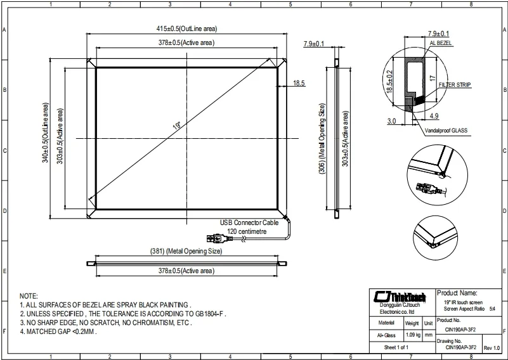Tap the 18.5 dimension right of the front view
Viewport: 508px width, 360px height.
click(299, 83)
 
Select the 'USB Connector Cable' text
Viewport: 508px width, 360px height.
click(249, 223)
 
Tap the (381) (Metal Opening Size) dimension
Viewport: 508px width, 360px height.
click(186, 252)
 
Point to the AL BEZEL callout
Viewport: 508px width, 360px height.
click(441, 42)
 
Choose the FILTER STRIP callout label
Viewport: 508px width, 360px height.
click(456, 84)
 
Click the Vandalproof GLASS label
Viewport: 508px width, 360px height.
click(446, 130)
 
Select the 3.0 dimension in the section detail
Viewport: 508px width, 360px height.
click(391, 120)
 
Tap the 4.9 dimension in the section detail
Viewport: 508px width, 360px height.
click(434, 117)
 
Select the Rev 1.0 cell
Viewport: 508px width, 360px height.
click(492, 348)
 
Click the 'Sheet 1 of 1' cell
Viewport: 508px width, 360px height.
click(396, 348)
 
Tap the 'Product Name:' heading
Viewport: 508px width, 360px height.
click(457, 293)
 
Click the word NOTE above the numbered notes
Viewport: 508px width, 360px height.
click(29, 296)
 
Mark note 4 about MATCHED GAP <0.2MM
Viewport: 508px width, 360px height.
click(58, 331)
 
